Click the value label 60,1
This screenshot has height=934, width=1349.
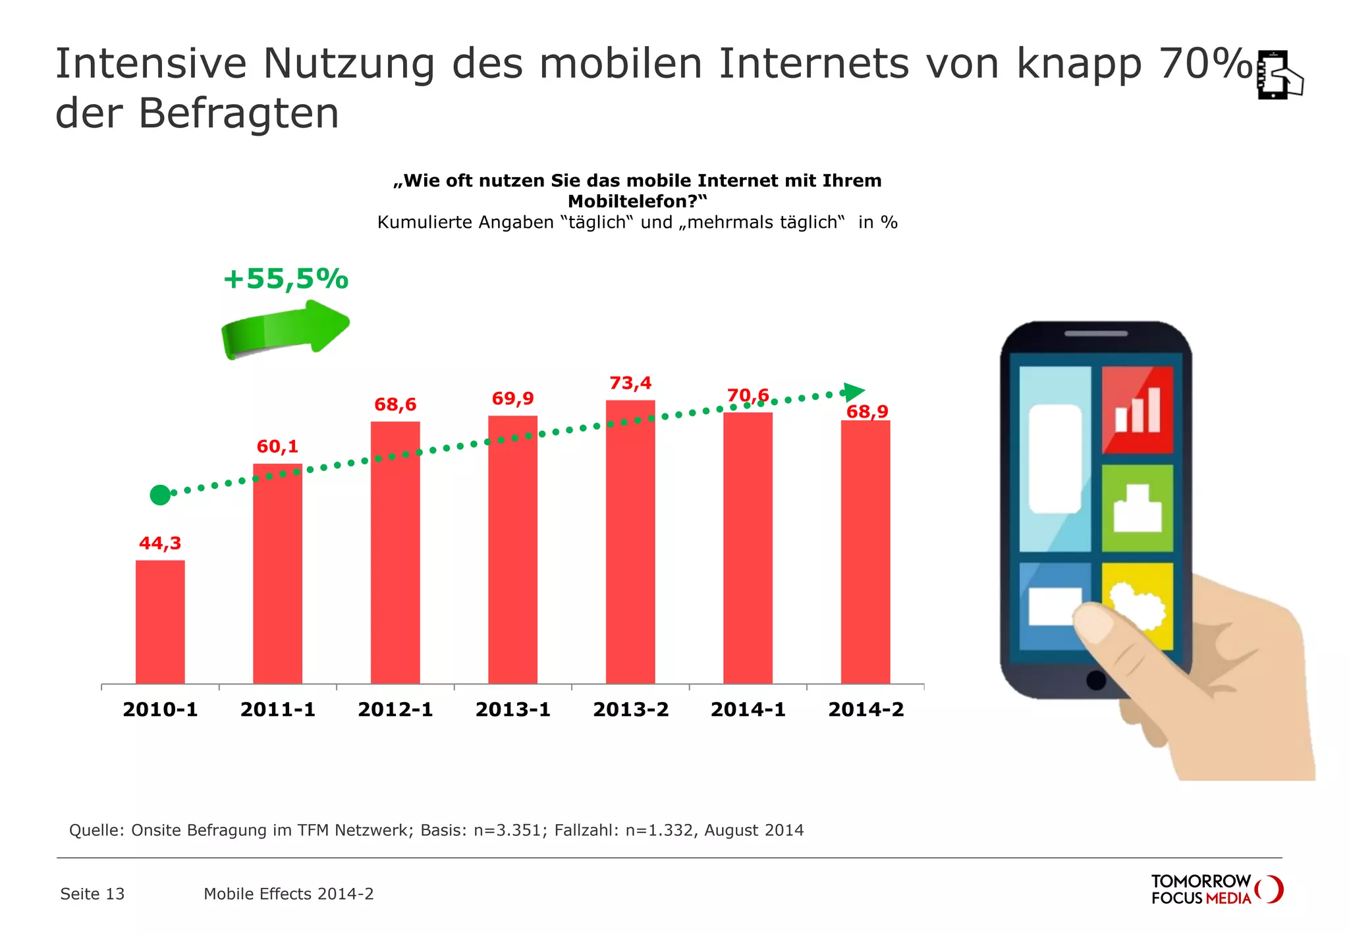277,447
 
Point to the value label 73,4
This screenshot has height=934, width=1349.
630,383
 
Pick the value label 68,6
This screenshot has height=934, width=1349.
395,404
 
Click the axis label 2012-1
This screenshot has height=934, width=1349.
395,709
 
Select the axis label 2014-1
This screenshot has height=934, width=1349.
748,709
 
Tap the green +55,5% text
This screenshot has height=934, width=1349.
285,279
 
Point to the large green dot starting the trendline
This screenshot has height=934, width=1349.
160,495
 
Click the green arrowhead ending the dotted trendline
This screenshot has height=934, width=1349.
853,392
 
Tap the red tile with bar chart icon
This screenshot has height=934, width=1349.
1137,409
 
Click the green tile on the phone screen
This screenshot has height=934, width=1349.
1137,508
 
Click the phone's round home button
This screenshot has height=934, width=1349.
1096,680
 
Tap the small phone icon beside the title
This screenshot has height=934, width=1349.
1278,75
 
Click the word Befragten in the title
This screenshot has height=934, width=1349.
238,113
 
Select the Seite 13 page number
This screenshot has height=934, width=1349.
92,894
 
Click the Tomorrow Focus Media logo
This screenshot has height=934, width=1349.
1216,889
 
